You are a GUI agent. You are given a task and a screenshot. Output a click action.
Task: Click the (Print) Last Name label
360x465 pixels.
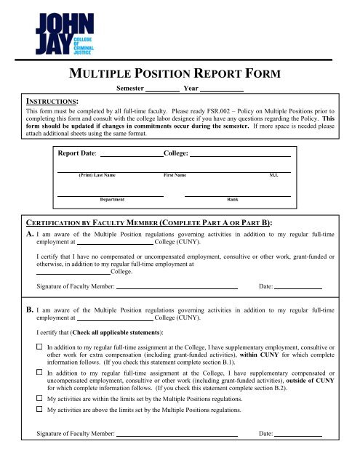pos(96,176)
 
